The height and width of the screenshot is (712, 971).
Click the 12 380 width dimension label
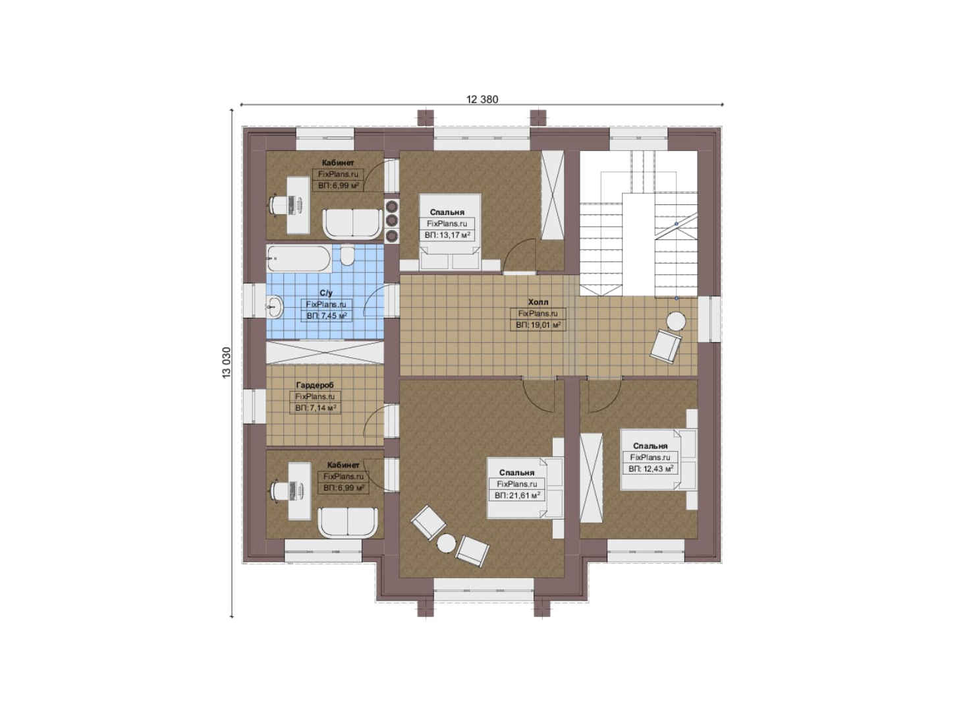pyautogui.click(x=482, y=100)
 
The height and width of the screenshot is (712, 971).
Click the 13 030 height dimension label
pyautogui.click(x=227, y=363)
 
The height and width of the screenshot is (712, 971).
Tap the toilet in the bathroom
pyautogui.click(x=347, y=256)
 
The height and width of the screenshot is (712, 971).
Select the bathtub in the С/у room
pyautogui.click(x=299, y=258)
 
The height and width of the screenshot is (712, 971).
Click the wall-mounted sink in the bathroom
pyautogui.click(x=274, y=307)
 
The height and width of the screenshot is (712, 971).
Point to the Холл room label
pyautogui.click(x=538, y=302)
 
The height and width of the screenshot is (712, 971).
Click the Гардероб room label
pyautogui.click(x=315, y=385)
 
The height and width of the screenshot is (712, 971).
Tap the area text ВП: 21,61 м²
pyautogui.click(x=517, y=495)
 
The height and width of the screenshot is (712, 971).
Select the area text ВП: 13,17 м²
pyautogui.click(x=447, y=235)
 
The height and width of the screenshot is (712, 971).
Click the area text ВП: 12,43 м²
pyautogui.click(x=651, y=469)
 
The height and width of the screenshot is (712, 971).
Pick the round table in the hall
pyautogui.click(x=677, y=322)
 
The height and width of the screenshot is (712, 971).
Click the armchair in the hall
pyautogui.click(x=665, y=346)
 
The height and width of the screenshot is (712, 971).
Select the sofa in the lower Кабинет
pyautogui.click(x=348, y=522)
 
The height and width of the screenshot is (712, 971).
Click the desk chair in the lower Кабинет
pyautogui.click(x=279, y=490)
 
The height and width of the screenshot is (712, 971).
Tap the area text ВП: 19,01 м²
pyautogui.click(x=538, y=325)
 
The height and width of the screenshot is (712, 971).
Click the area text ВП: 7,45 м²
pyautogui.click(x=327, y=316)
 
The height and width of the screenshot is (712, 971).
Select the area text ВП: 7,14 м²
pyautogui.click(x=316, y=408)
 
